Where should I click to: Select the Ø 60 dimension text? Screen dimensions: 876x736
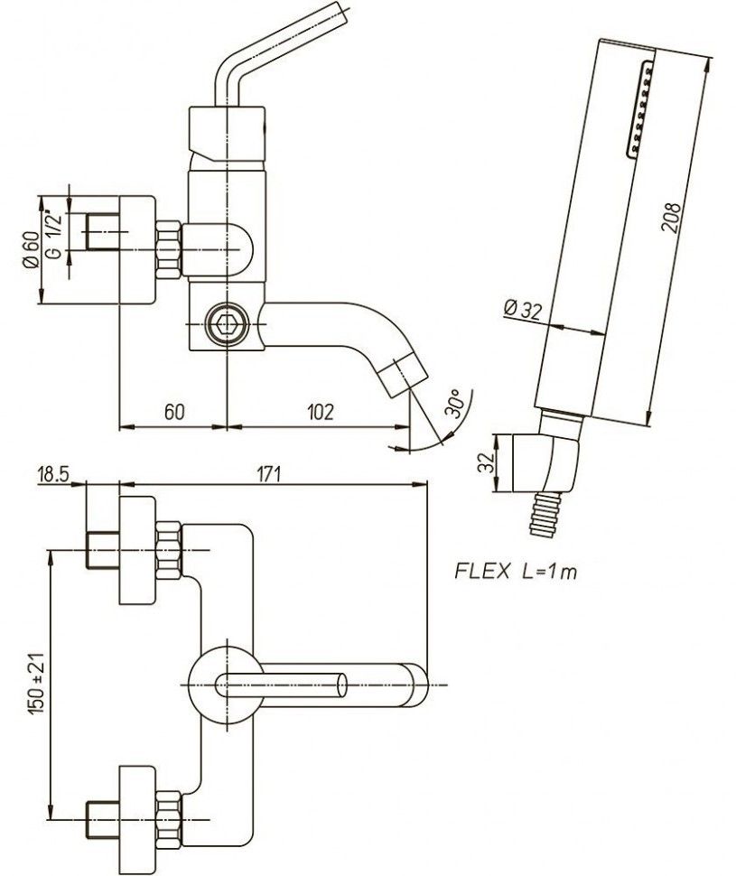pyautogui.click(x=31, y=249)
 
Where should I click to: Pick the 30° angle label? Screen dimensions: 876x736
pyautogui.click(x=452, y=404)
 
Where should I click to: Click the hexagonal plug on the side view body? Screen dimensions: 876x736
pyautogui.click(x=223, y=323)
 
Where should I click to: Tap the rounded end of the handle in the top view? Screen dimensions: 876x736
pyautogui.click(x=416, y=684)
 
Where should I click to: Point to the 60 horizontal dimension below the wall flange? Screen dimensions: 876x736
pyautogui.click(x=174, y=412)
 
